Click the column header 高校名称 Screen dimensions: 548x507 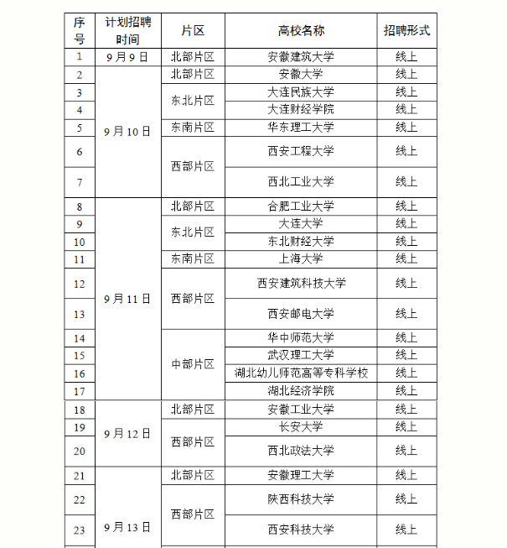pos(301,30)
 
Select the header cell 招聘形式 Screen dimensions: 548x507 pos(406,30)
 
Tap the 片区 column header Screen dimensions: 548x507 pos(193,30)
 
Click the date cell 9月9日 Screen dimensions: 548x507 pos(127,57)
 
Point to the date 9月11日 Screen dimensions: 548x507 pos(127,299)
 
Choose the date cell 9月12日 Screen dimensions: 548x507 pos(127,433)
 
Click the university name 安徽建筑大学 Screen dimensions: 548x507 pos(301,57)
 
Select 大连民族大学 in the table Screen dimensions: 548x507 pos(301,92)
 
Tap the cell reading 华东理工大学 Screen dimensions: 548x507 pos(301,128)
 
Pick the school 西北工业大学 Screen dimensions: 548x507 pos(301,181)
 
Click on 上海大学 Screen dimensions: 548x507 pos(301,258)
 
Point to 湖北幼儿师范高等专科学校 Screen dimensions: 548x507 pos(301,373)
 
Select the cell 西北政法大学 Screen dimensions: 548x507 pos(301,451)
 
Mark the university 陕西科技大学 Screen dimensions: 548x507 pos(301,499)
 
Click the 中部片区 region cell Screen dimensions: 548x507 pos(193,364)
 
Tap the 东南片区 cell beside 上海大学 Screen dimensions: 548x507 pos(193,258)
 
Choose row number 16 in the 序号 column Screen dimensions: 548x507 pos(80,373)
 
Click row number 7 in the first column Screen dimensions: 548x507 pos(80,181)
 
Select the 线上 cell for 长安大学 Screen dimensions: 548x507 pos(406,426)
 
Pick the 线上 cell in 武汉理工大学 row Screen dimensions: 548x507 pos(406,355)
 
